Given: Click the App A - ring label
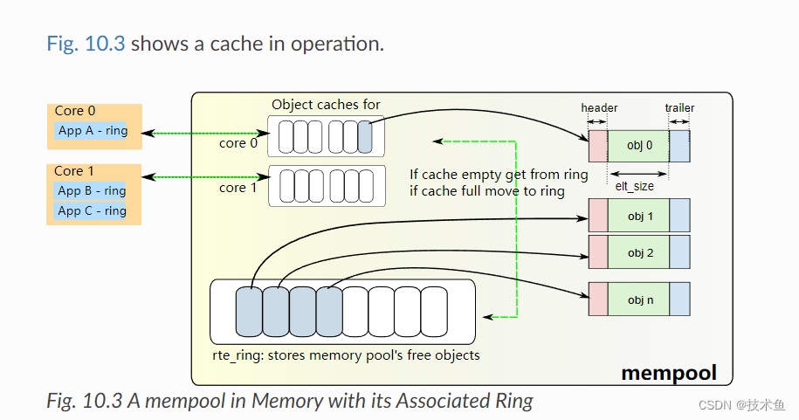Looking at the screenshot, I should (93, 132).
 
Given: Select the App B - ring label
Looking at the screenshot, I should (92, 191).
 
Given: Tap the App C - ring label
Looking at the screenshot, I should (92, 210).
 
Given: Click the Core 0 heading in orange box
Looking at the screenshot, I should (75, 111).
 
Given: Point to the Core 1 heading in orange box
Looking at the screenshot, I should (75, 171).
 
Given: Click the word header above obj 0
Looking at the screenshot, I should (599, 108).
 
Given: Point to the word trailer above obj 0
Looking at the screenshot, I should (679, 108).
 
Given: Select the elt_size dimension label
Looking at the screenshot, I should (634, 186).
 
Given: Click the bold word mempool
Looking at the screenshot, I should (668, 373).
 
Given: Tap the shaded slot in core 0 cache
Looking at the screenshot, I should (365, 137).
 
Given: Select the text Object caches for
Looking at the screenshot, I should (326, 105).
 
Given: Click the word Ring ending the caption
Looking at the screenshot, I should (510, 401).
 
